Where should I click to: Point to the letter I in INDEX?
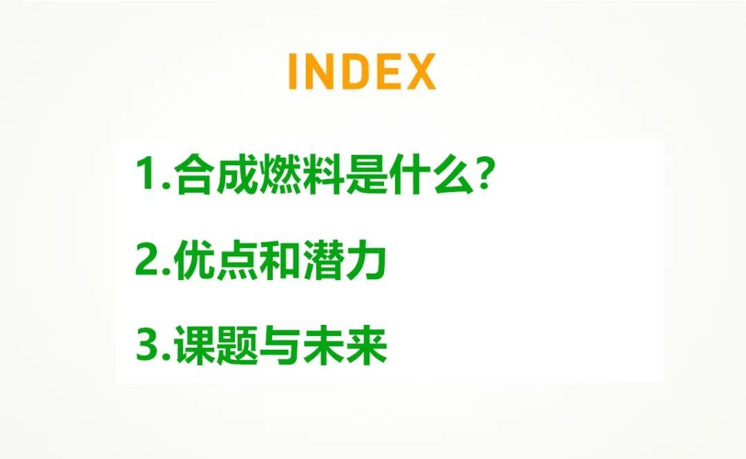[293, 71]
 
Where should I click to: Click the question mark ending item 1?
[483, 174]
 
